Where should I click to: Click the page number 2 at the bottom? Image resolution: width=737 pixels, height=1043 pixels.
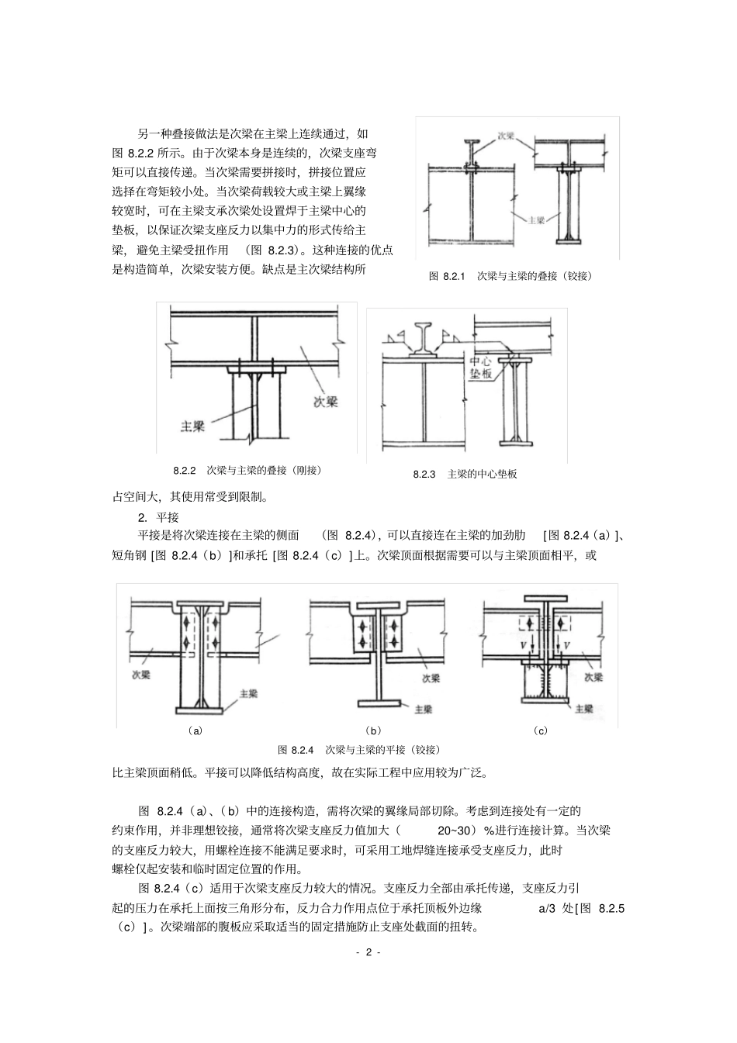click(368, 952)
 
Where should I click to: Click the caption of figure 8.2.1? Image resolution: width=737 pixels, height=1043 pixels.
click(510, 275)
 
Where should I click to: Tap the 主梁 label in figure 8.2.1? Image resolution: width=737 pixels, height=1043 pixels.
click(536, 219)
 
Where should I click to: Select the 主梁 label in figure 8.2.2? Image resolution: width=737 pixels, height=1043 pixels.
click(192, 426)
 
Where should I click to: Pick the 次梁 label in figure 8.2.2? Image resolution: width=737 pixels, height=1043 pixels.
click(325, 402)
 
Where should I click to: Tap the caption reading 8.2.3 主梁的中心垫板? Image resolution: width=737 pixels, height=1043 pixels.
click(465, 474)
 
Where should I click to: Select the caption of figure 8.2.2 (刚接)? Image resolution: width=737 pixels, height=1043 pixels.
click(247, 470)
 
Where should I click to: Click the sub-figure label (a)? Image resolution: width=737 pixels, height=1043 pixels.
click(195, 730)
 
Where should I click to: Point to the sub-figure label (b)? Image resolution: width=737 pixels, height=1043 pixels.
click(373, 730)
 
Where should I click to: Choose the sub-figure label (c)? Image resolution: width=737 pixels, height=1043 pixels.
click(540, 730)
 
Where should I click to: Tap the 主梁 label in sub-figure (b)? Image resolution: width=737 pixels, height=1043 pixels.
click(424, 709)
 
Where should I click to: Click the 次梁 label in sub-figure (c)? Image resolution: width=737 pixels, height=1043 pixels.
click(593, 676)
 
